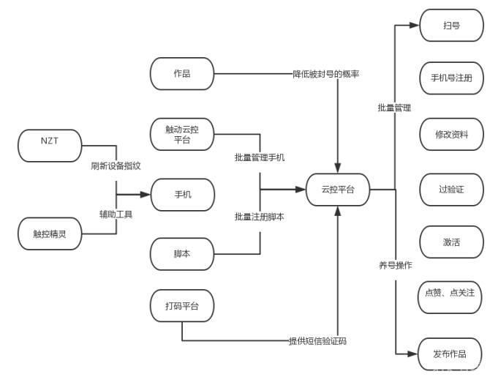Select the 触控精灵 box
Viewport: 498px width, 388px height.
coord(49,234)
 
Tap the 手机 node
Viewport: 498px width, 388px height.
coord(182,195)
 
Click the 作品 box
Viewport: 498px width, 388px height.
coord(182,73)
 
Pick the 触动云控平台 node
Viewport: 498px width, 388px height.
coord(182,134)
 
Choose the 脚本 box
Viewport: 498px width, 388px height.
coord(182,254)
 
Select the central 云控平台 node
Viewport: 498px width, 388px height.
coord(337,190)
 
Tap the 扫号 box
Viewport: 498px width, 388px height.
coord(451,25)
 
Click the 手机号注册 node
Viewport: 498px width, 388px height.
coord(451,78)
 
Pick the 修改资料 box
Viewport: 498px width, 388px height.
coord(451,134)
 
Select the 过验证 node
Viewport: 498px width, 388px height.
coord(451,190)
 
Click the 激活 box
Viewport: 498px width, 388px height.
coord(451,242)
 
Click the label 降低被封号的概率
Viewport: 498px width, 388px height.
coord(326,74)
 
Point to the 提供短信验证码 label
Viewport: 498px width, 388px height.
coord(317,341)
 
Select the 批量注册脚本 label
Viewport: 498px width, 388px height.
coord(260,217)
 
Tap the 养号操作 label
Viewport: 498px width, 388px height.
coord(395,265)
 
